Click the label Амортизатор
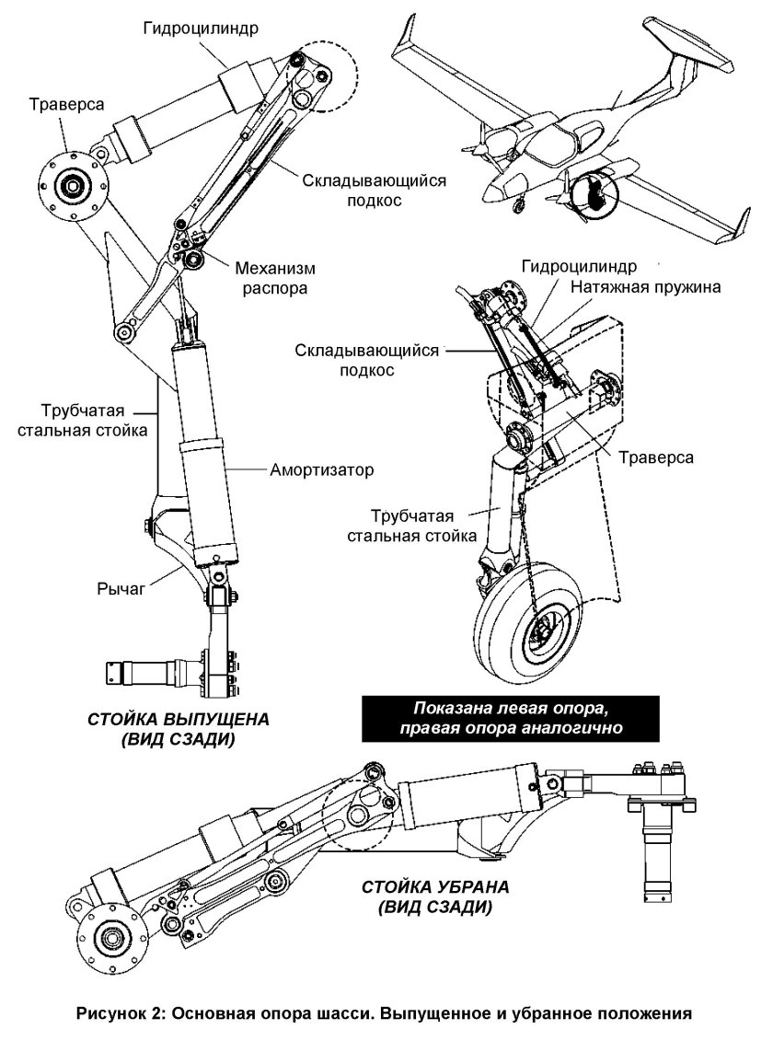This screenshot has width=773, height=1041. click(x=322, y=469)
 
